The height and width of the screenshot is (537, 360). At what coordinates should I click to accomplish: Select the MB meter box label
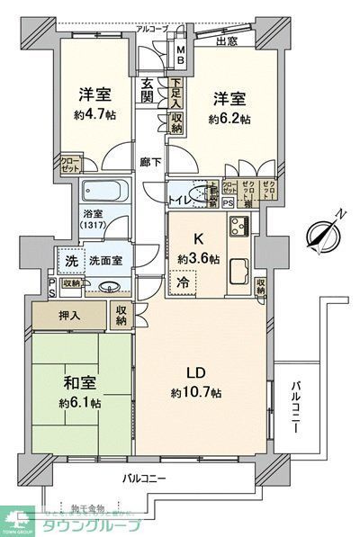180,54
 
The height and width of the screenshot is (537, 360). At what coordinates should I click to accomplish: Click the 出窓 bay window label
227,40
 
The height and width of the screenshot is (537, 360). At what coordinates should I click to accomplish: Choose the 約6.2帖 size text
229,118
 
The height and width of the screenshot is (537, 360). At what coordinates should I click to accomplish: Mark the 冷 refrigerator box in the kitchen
182,280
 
